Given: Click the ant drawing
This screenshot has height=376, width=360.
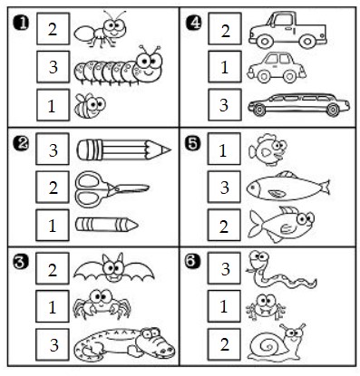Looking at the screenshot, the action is pos(101,30).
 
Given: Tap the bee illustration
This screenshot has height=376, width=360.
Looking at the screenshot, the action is pos(90,105).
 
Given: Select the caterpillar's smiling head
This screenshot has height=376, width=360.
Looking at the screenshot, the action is pos(149,64).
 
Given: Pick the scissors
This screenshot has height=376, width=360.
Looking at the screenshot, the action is pos(112,189).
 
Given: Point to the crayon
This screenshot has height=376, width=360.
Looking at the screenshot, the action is pos(106,225).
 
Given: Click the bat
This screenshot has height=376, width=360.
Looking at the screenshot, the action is pos(113,268).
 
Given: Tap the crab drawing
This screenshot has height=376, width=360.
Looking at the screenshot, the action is pos(102,304).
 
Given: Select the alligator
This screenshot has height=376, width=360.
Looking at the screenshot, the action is pos(124,344).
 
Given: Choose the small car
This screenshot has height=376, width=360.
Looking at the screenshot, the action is pos(277,68).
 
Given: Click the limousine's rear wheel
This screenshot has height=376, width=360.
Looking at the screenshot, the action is pos(333,110).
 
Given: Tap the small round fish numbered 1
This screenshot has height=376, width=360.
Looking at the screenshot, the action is pos(268,149).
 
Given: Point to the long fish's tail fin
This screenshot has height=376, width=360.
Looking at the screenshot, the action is pos(326,188).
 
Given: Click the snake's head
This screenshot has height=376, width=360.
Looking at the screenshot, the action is pos(259,259).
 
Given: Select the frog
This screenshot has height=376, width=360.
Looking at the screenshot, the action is pos(266,307).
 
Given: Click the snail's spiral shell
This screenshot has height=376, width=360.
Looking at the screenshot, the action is pos(268,344).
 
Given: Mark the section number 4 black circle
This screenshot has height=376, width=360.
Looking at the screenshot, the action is pos(193,23).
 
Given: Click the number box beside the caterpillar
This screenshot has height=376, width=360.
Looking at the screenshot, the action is pos(54,67).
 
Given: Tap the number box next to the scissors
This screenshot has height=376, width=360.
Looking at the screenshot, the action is pos(53,188).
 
